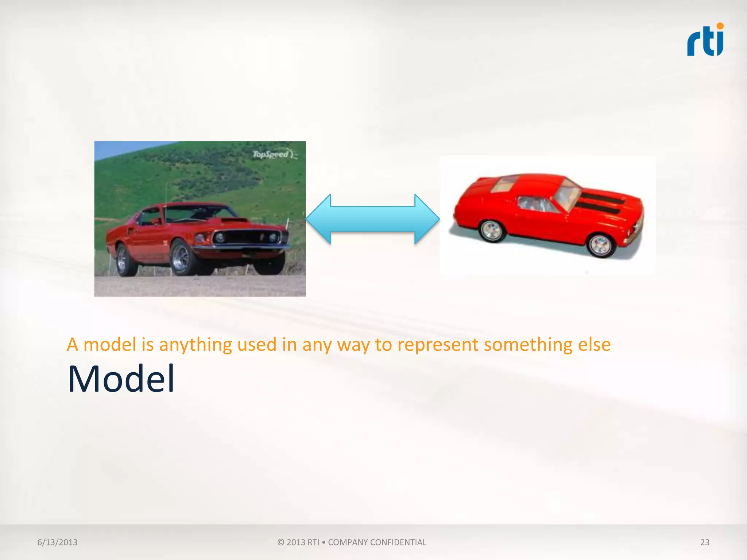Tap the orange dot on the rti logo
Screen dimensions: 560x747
click(720, 26)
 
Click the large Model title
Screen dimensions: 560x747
click(121, 379)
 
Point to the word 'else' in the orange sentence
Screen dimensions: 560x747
click(594, 345)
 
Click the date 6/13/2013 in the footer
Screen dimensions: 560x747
click(57, 542)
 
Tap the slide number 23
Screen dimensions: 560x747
click(705, 542)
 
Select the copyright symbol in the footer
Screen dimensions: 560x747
click(280, 542)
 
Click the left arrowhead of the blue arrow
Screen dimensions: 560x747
click(318, 219)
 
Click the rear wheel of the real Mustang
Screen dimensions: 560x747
click(123, 260)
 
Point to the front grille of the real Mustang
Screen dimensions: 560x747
click(248, 238)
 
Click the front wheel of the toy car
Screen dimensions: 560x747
click(600, 245)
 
